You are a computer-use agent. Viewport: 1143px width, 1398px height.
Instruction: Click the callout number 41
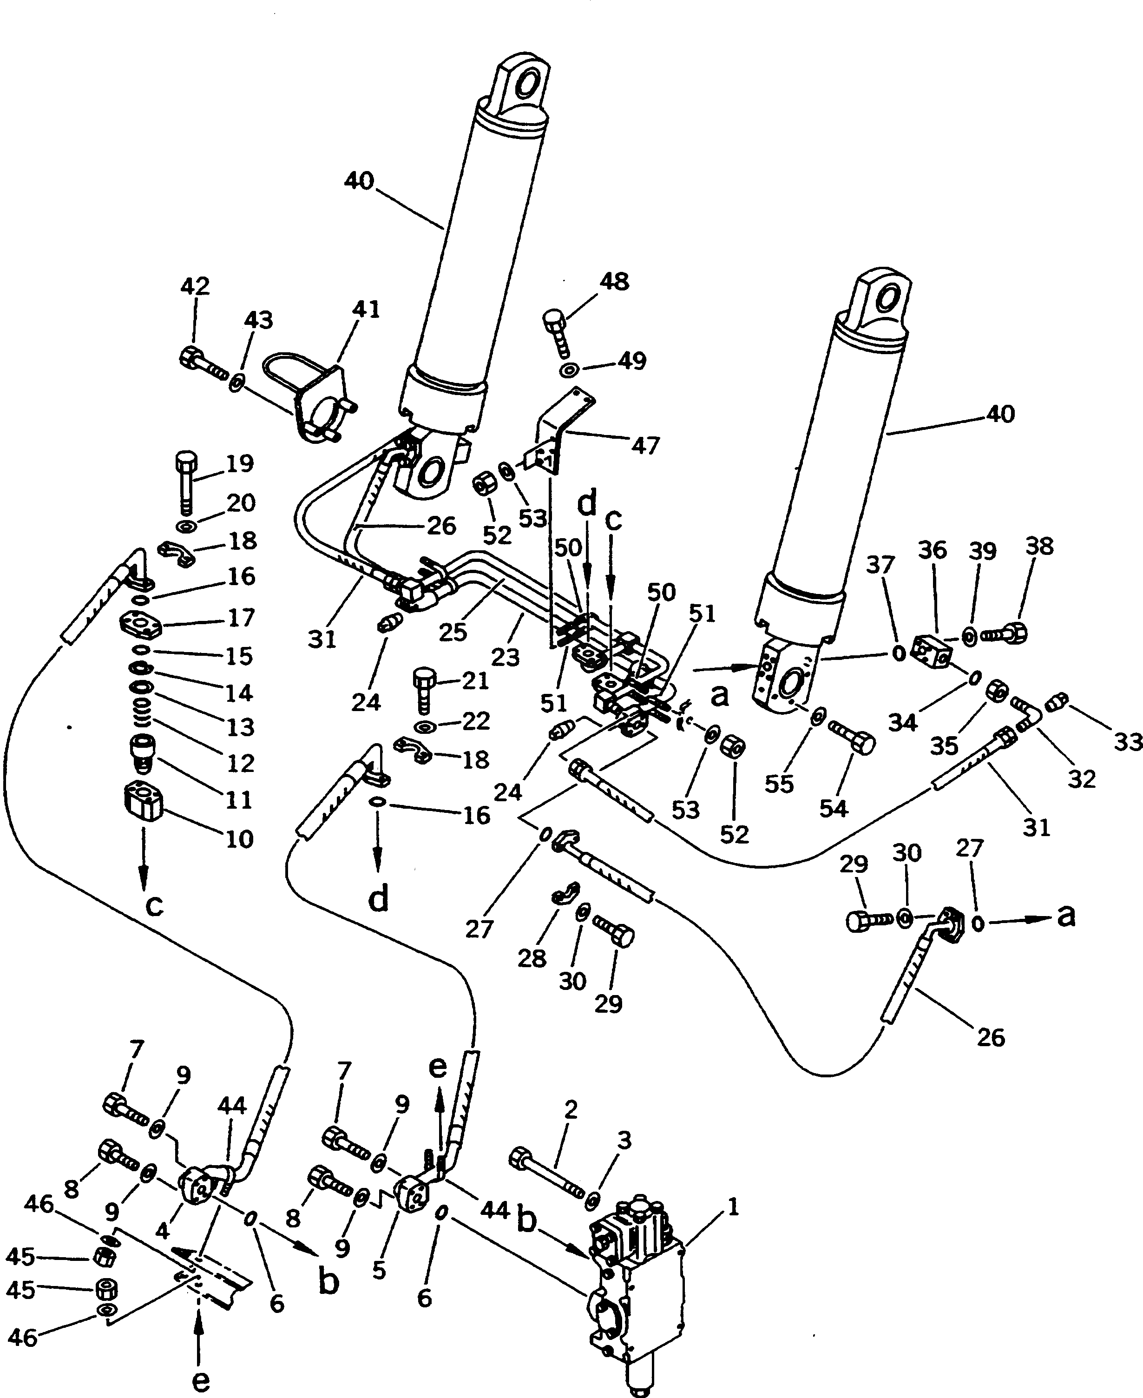click(x=367, y=309)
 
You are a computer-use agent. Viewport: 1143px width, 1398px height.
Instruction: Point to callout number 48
click(x=614, y=282)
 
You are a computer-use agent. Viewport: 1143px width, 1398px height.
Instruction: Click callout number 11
click(x=240, y=799)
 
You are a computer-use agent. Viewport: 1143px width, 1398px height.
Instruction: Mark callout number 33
click(x=1128, y=742)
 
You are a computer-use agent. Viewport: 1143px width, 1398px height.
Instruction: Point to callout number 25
click(x=453, y=632)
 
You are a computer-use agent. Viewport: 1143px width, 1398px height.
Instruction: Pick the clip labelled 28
click(x=564, y=892)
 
